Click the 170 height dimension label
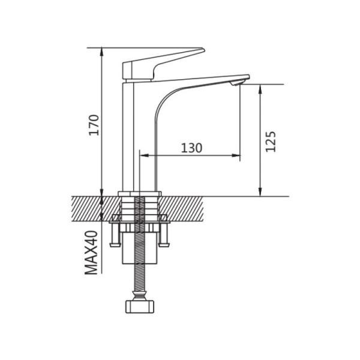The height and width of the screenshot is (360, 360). tap(94, 125)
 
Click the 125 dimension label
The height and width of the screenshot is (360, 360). tap(271, 142)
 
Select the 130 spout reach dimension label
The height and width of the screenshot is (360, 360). tap(192, 148)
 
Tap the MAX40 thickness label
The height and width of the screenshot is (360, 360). tap(91, 253)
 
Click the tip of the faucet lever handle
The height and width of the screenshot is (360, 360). tap(203, 50)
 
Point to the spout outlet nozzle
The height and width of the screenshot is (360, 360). tap(237, 83)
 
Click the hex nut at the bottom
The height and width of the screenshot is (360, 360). tap(140, 307)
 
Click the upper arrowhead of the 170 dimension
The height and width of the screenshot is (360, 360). tap(102, 52)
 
